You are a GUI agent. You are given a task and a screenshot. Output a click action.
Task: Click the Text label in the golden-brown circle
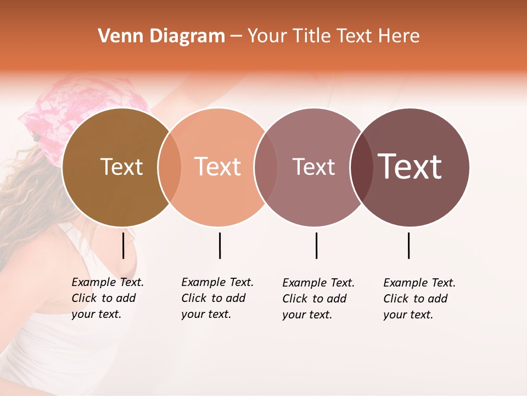121,167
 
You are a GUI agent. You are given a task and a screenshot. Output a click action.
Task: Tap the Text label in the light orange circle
217,167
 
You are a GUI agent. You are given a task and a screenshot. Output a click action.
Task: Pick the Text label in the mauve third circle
313,167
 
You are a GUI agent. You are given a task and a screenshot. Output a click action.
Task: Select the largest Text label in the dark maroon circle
410,167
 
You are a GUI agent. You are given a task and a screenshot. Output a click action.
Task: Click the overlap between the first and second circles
170,167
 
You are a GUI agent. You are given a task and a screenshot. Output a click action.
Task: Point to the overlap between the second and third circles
266,167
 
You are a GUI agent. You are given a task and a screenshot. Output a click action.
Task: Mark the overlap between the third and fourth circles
362,167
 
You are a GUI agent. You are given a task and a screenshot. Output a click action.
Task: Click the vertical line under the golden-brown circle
124,245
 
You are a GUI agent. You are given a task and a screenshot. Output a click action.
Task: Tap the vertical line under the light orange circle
220,245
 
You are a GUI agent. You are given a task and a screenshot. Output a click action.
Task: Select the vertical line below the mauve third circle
316,245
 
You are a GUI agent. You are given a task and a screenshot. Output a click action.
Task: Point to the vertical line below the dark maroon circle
408,245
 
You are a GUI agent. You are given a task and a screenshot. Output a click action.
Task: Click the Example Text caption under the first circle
107,298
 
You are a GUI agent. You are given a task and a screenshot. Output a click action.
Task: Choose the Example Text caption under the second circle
217,298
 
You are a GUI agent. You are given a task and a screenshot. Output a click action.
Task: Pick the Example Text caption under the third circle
318,299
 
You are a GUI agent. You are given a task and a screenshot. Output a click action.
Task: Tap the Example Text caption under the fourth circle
419,299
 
